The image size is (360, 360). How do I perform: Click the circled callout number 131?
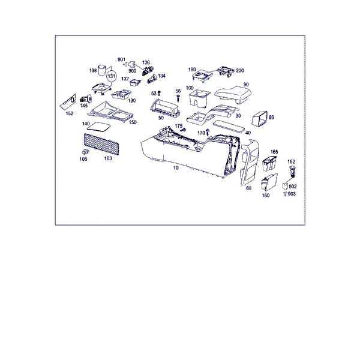[x=112, y=76]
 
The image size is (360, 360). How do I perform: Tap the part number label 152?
[x=70, y=113]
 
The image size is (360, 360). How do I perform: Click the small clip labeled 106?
[x=85, y=151]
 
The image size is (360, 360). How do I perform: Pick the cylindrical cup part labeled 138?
[x=102, y=70]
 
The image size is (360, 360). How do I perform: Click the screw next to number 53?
[x=159, y=93]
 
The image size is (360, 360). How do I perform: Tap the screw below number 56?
[x=178, y=98]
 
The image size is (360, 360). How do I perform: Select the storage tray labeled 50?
[x=165, y=107]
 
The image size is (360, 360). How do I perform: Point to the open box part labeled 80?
[x=260, y=119]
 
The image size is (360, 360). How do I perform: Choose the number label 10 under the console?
[x=176, y=168]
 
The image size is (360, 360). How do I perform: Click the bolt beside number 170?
[x=208, y=131]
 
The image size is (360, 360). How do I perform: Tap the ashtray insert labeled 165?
[x=269, y=163]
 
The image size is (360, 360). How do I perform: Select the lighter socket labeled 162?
[x=293, y=171]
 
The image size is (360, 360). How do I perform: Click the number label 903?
[x=292, y=194]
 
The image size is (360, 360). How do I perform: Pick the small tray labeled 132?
[x=135, y=82]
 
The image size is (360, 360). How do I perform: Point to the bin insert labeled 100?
[x=200, y=98]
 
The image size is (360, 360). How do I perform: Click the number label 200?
[x=239, y=70]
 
